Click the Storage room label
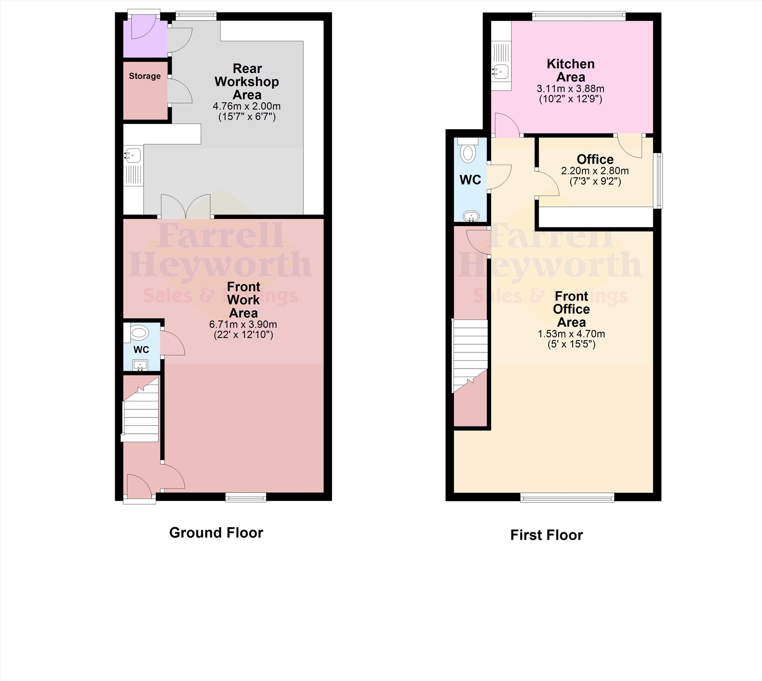[145, 76]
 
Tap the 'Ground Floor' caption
[216, 533]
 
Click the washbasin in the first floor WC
[471, 216]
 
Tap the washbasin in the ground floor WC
[141, 365]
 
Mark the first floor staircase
[470, 356]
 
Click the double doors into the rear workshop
[186, 206]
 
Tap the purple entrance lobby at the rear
[145, 39]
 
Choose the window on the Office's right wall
[658, 180]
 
